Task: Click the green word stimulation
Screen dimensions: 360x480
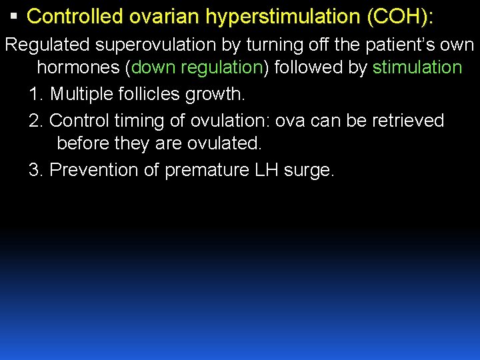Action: [x=417, y=67]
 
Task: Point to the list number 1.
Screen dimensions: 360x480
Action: [x=36, y=94]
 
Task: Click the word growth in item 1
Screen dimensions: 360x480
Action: [x=221, y=94]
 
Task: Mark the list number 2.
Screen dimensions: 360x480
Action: [x=36, y=121]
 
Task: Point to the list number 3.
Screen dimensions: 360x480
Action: [x=36, y=170]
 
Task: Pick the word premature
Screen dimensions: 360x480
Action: [x=207, y=170]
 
